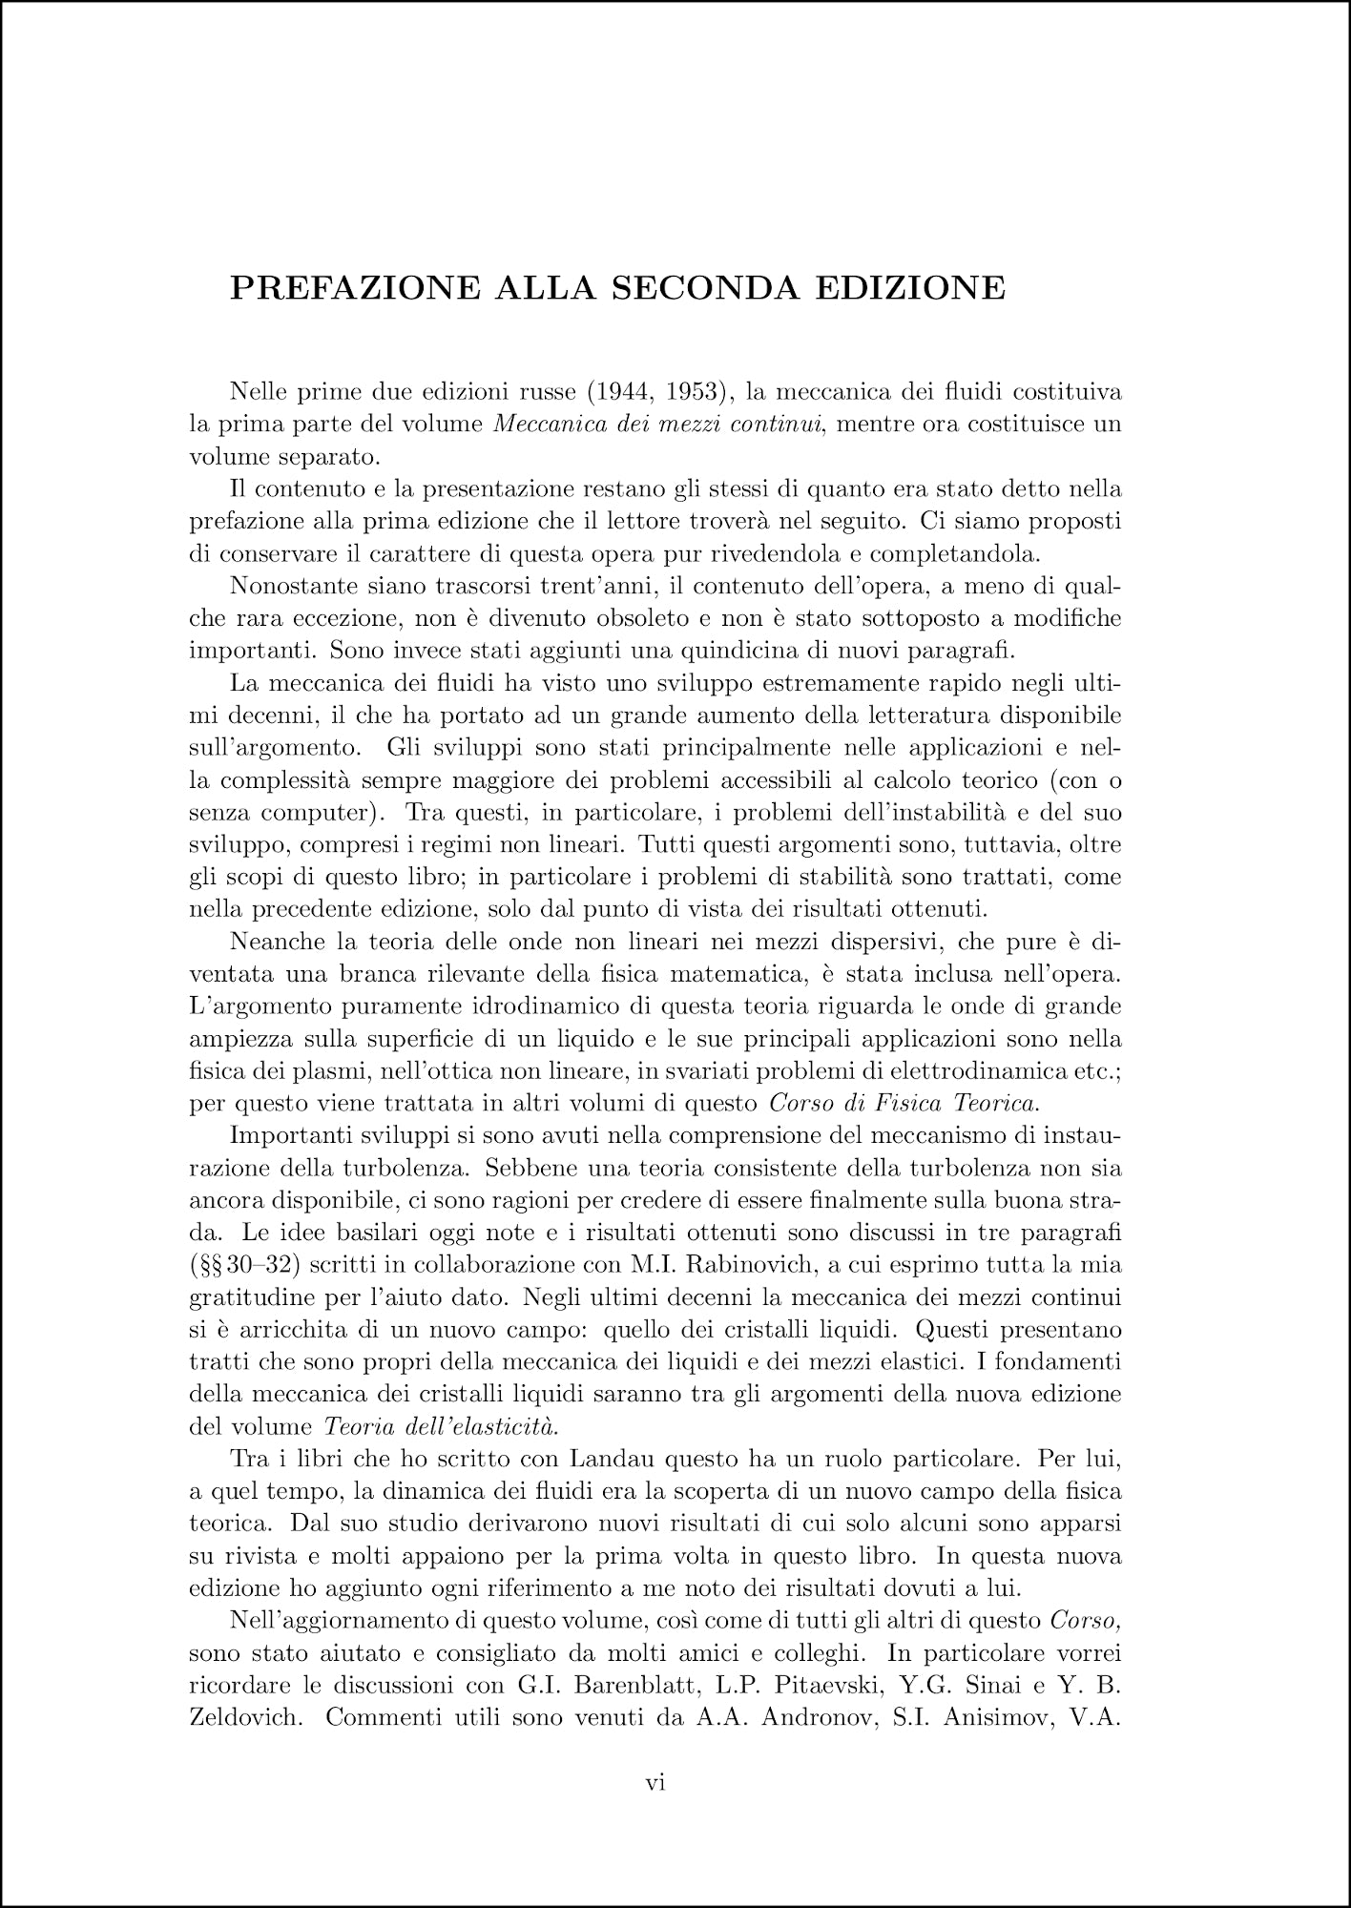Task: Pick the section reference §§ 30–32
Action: pyautogui.click(x=247, y=1266)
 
